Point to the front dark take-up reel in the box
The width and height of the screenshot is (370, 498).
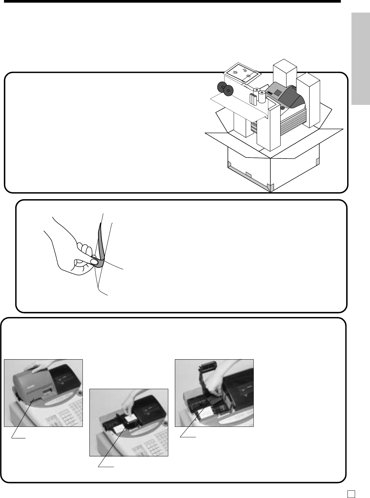(228, 90)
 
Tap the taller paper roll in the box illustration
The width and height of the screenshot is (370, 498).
(262, 97)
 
